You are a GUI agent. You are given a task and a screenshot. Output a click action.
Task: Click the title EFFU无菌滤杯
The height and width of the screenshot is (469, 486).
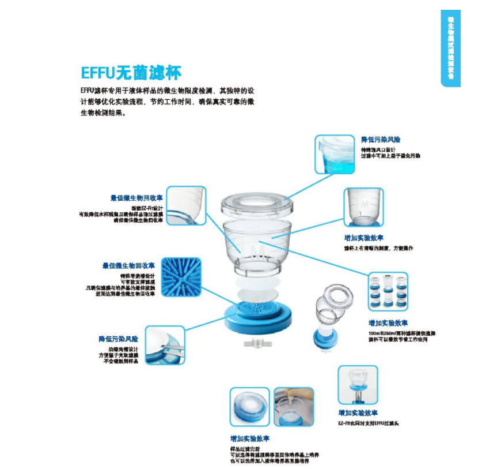(x=131, y=73)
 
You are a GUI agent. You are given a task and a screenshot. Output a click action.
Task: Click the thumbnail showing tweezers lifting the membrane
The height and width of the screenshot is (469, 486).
(x=165, y=345)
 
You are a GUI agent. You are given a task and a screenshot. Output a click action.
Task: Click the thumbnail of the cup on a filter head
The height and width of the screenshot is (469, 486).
(x=358, y=385)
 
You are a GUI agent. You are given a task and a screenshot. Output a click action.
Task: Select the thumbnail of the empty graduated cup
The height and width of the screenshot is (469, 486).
(x=363, y=207)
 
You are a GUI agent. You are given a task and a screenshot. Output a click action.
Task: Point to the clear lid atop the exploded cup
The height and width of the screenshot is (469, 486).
(x=257, y=202)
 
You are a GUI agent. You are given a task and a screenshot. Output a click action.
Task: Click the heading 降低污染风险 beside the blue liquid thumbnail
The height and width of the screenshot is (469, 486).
(x=381, y=140)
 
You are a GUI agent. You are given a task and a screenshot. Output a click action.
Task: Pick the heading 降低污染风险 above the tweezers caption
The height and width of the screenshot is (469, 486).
(x=119, y=339)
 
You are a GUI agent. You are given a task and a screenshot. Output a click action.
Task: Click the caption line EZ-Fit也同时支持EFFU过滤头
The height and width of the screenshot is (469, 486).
(x=368, y=423)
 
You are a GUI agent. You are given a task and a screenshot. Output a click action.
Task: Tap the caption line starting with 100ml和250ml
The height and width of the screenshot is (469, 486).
(x=402, y=333)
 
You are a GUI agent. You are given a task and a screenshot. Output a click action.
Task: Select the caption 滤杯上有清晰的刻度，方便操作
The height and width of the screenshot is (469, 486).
(x=378, y=249)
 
